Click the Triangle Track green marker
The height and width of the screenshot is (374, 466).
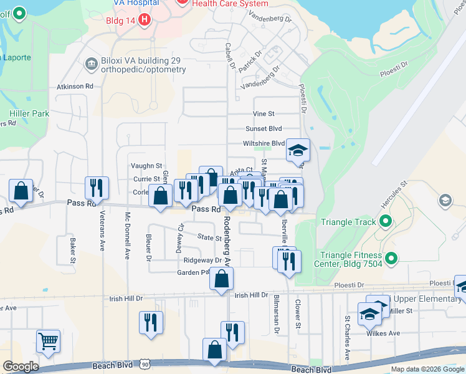pos(385,222)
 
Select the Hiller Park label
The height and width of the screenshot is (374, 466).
pos(29,114)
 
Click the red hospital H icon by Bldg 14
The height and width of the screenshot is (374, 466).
pos(145,20)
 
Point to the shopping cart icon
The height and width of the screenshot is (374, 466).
pos(48,341)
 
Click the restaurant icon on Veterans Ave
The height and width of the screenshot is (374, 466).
pos(97,188)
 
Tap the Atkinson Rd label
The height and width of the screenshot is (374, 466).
pos(75,87)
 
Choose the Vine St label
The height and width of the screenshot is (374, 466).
pos(264,114)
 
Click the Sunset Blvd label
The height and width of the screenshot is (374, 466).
pos(264,128)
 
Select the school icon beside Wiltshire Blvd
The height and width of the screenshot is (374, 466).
pos(298,150)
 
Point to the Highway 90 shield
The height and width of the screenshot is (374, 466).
pos(145,363)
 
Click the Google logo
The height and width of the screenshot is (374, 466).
pos(21,366)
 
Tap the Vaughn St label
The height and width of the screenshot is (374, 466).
pos(146,166)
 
